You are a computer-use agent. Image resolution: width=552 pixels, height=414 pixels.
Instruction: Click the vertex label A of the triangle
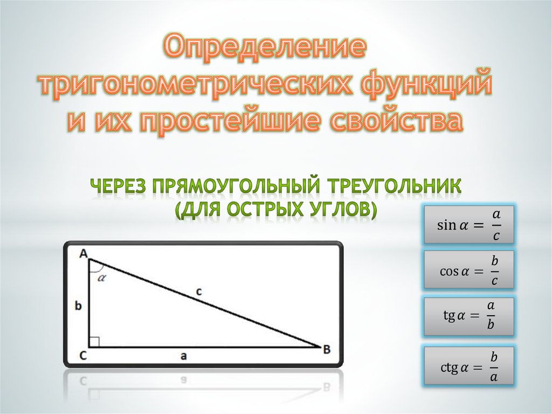(83, 254)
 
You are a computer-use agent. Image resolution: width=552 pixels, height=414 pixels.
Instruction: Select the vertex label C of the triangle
(82, 355)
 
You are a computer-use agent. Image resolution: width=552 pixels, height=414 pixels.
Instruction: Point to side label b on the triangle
(79, 306)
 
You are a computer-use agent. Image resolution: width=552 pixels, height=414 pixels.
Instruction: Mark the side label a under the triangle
(184, 356)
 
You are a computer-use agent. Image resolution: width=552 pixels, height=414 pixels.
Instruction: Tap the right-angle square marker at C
(94, 342)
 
